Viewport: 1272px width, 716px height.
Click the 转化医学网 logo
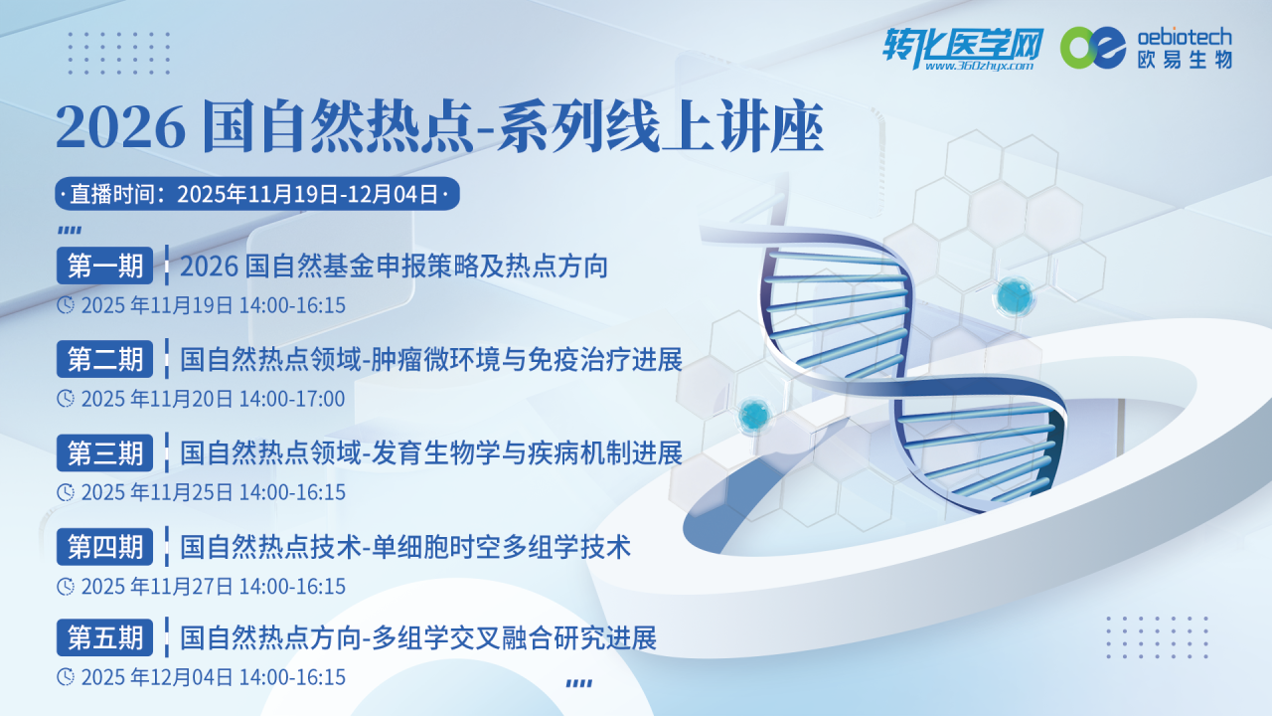964,44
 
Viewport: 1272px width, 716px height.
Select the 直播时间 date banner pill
257,194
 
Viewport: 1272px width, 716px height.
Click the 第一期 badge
105,266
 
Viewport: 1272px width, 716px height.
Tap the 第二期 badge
105,359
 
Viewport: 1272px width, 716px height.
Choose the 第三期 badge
105,452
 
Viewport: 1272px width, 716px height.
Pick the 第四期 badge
105,546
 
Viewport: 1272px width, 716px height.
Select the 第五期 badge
105,637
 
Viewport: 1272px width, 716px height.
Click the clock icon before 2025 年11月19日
66,304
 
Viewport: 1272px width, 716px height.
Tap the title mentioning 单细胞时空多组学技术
405,546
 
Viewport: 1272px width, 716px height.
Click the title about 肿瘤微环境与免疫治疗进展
431,359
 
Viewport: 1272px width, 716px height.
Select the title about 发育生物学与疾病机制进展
431,452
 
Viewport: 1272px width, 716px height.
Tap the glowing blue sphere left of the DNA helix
754,413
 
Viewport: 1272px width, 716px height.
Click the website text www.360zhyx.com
979,67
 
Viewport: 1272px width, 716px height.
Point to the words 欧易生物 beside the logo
1185,60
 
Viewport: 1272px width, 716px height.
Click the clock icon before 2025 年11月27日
66,586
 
